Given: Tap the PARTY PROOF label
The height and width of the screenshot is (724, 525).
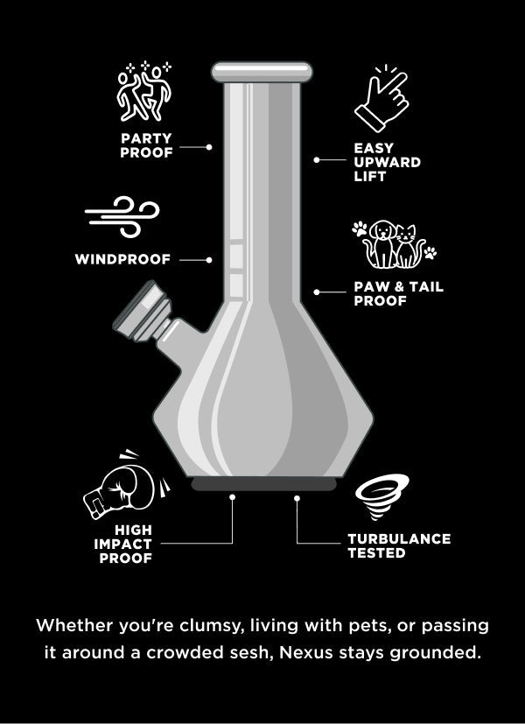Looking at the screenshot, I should click(146, 144).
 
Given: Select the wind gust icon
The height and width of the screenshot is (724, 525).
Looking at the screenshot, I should click(122, 218).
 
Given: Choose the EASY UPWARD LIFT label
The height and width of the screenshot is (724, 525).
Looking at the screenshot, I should click(387, 162).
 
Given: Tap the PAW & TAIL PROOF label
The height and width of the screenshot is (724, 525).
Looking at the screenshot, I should click(398, 293).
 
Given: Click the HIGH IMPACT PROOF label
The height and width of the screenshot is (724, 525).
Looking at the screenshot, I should click(122, 544).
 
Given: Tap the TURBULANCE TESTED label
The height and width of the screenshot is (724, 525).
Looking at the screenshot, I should click(398, 545).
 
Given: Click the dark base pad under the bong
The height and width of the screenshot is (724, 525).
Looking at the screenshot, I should click(263, 484).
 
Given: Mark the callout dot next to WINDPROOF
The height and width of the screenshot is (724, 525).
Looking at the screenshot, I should click(210, 259).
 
